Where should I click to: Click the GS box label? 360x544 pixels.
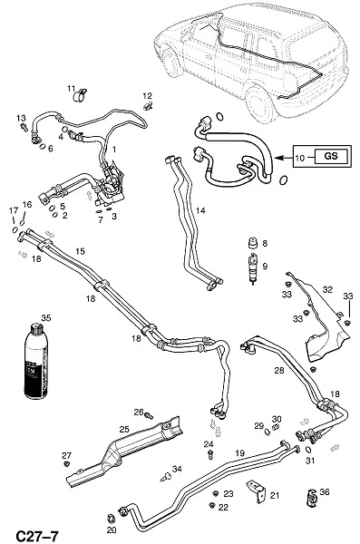pyautogui.click(x=330, y=155)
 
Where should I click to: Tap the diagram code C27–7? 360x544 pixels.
pyautogui.click(x=37, y=536)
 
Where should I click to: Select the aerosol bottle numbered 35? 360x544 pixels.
pyautogui.click(x=35, y=361)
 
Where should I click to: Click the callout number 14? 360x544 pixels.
pyautogui.click(x=200, y=210)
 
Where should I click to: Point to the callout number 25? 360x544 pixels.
pyautogui.click(x=124, y=429)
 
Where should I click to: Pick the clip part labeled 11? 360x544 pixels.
pyautogui.click(x=81, y=95)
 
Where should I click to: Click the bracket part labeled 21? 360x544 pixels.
pyautogui.click(x=256, y=491)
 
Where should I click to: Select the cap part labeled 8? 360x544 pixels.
pyautogui.click(x=253, y=243)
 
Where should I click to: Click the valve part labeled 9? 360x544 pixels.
pyautogui.click(x=253, y=269)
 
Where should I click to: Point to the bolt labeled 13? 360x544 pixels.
pyautogui.click(x=24, y=127)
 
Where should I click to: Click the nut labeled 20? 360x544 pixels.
pyautogui.click(x=112, y=519)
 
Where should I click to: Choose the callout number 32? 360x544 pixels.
pyautogui.click(x=327, y=289)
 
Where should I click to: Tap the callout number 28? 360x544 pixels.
pyautogui.click(x=279, y=370)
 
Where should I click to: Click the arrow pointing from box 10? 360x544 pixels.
pyautogui.click(x=285, y=158)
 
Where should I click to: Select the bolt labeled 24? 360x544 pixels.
pyautogui.click(x=210, y=454)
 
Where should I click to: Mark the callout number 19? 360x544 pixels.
pyautogui.click(x=240, y=452)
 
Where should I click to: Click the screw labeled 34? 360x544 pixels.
pyautogui.click(x=166, y=477)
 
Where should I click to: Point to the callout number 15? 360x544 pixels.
pyautogui.click(x=80, y=251)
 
